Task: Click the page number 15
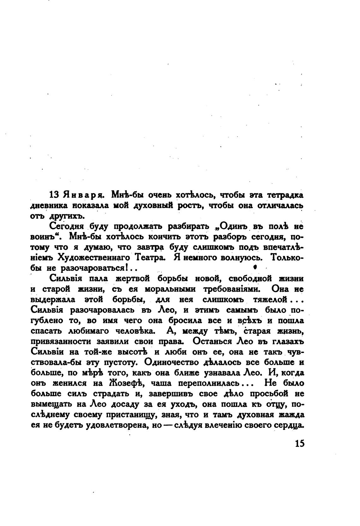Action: [300, 443]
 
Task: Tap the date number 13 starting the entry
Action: [55, 195]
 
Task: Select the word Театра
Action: [150, 257]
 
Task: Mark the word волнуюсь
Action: [243, 257]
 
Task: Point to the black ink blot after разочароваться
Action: [255, 267]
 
